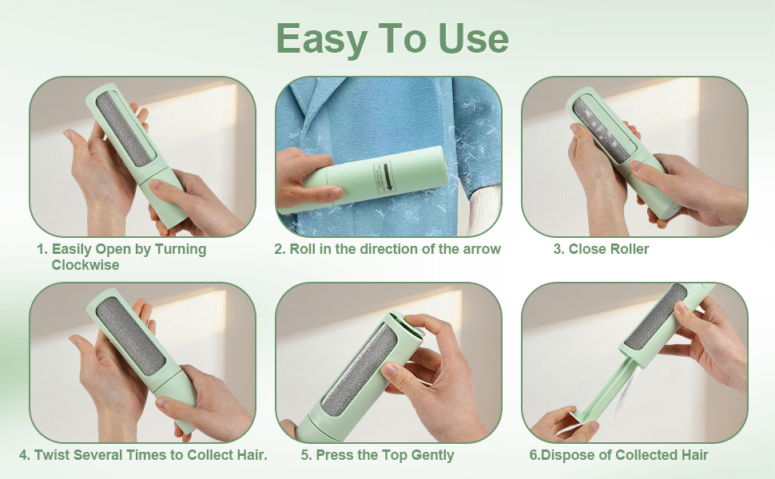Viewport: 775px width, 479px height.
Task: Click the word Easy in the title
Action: (x=321, y=39)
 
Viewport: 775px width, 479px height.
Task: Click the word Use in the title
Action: (x=474, y=38)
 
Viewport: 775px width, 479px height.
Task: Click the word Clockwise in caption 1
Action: (x=85, y=265)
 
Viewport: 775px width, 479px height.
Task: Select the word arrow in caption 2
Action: (x=482, y=249)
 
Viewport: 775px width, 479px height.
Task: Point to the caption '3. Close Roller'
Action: (x=601, y=249)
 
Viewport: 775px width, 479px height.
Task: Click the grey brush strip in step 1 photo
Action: (x=124, y=129)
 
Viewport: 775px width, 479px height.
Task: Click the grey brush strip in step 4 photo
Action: (x=130, y=336)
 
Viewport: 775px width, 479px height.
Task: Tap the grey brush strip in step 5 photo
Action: (x=360, y=371)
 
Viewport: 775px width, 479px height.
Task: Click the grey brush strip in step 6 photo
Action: (x=657, y=316)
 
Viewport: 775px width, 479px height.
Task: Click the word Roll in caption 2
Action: (x=303, y=249)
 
